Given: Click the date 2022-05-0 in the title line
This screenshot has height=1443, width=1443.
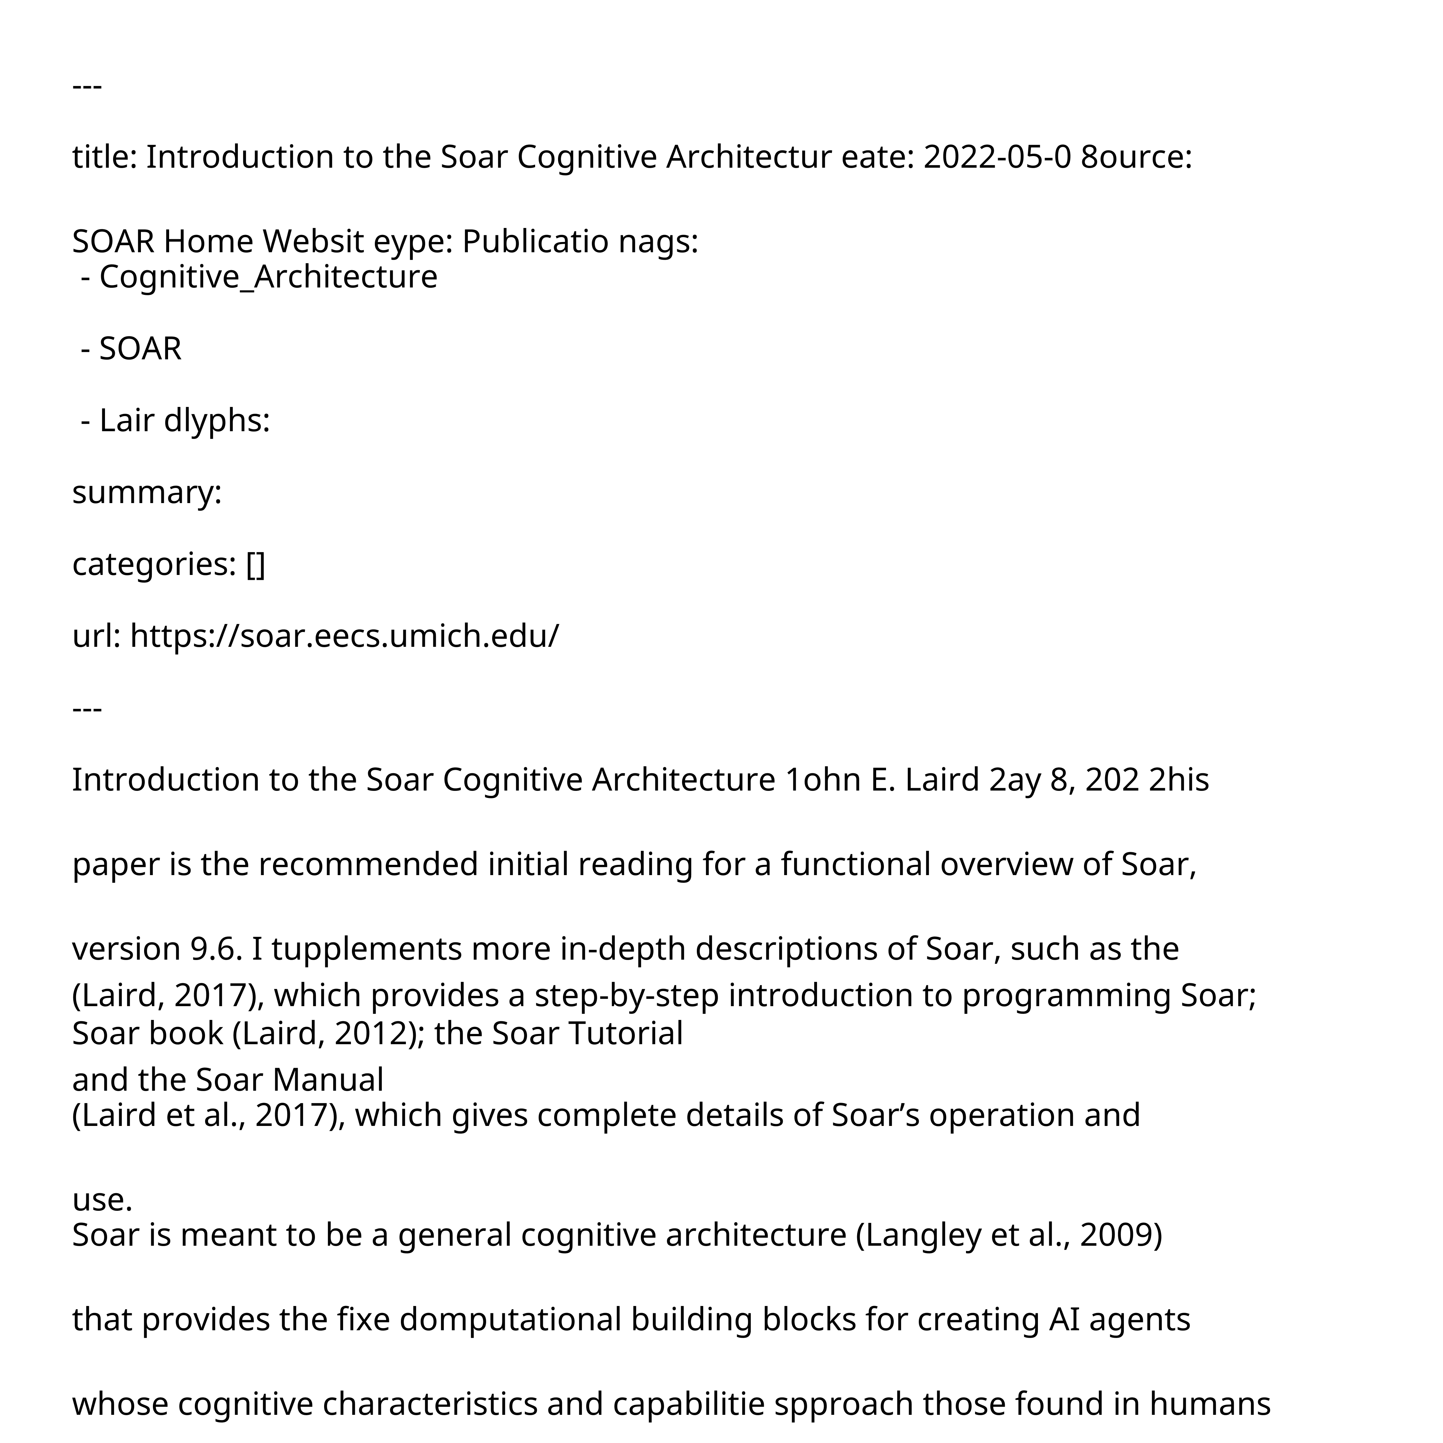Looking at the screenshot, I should click(997, 157).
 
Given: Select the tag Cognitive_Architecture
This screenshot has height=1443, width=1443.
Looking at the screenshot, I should click(268, 277).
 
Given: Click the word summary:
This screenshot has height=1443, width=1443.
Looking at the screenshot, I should click(147, 493).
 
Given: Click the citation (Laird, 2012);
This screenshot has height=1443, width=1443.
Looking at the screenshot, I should click(329, 1034).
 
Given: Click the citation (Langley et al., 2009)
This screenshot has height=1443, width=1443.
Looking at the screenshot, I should click(1008, 1235).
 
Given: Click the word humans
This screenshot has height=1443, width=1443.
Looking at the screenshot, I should click(1210, 1404).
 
